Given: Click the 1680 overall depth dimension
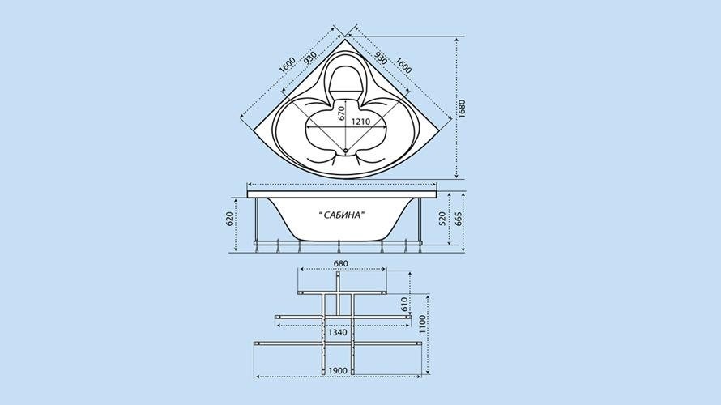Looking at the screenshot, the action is coord(462,109).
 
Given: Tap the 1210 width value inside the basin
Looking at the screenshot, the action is coord(360,122).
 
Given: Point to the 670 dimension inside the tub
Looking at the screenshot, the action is coord(341,113).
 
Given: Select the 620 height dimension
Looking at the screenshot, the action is coord(229,220).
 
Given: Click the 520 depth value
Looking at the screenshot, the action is coord(442,219).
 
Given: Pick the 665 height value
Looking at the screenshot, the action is coord(458,219).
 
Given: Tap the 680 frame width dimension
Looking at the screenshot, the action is coord(341,264).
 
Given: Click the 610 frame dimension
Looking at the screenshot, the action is coord(404,305).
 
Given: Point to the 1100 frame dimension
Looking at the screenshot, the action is coord(423,325).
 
